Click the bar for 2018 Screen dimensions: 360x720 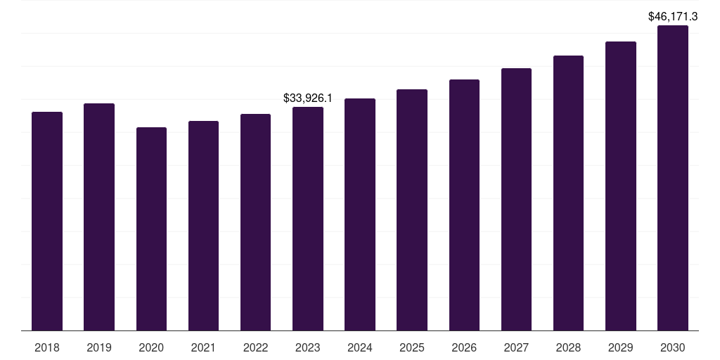[47, 221]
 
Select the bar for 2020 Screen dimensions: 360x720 [151, 229]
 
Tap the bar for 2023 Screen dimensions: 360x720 [308, 219]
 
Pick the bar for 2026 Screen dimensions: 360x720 [464, 205]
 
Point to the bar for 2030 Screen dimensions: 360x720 [673, 178]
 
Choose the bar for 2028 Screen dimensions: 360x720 [568, 193]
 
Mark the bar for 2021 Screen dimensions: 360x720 [203, 226]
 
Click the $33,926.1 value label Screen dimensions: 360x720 [308, 98]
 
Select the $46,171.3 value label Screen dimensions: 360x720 [673, 16]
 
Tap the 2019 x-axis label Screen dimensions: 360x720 [99, 347]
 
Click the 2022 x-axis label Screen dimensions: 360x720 [255, 347]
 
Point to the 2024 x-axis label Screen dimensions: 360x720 [360, 347]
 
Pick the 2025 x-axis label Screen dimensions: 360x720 [412, 347]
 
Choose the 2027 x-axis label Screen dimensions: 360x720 [516, 347]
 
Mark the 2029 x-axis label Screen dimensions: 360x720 [620, 347]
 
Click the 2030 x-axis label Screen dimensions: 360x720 [673, 347]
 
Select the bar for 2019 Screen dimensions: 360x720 [99, 217]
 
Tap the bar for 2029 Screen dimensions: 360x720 [620, 186]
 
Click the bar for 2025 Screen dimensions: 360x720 [412, 210]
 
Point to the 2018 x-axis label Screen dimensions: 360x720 [47, 347]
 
